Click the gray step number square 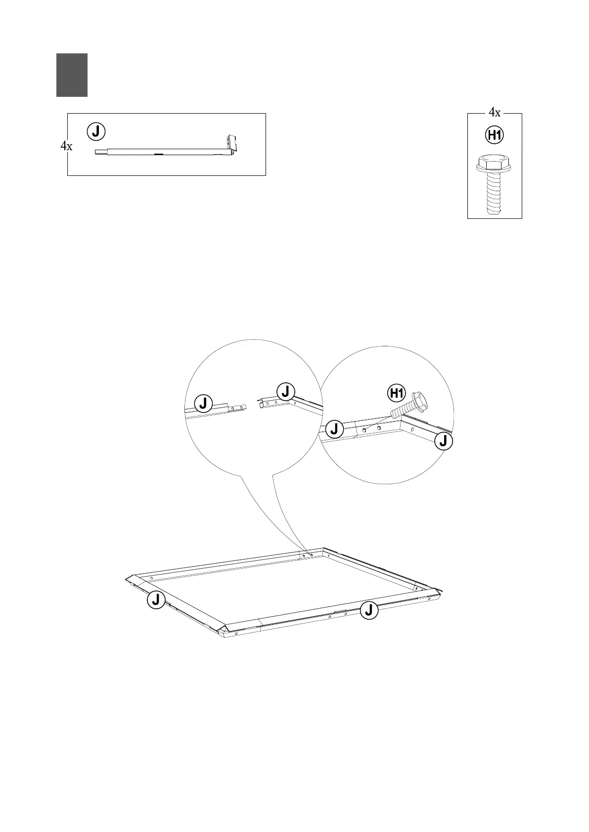pos(72,75)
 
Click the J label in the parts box pos(96,131)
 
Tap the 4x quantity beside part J pos(66,146)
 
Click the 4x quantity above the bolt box pos(495,113)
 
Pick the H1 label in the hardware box pos(495,135)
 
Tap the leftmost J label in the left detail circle pos(203,403)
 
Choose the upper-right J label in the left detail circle pos(285,391)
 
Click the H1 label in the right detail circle pos(396,393)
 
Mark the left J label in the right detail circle pos(335,428)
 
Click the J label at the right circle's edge pos(444,441)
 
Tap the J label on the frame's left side pos(156,600)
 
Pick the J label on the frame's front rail pos(369,611)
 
